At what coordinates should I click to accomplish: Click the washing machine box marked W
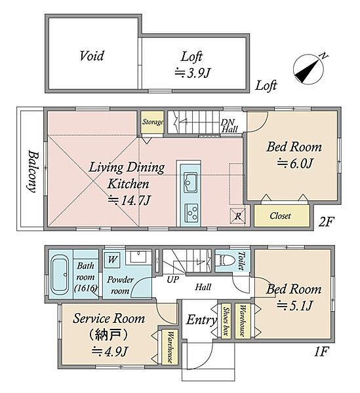pos(112,259)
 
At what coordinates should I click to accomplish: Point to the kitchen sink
pos(191,182)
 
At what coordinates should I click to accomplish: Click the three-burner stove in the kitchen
pos(191,213)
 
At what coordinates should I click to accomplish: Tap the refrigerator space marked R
pos(238,216)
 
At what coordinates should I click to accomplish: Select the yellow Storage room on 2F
pos(152,122)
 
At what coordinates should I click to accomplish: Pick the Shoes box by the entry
pos(226,321)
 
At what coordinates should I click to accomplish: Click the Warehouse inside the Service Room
pos(170,347)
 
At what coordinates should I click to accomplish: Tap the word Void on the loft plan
pos(92,56)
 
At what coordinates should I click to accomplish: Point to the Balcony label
pos(33,171)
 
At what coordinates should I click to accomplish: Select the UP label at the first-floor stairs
pos(173,280)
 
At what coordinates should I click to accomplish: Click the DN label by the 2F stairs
pos(228,122)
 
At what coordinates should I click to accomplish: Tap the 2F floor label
pos(327,222)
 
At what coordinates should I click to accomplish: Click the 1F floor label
pos(321,352)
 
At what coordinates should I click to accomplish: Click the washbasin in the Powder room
pos(138,256)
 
